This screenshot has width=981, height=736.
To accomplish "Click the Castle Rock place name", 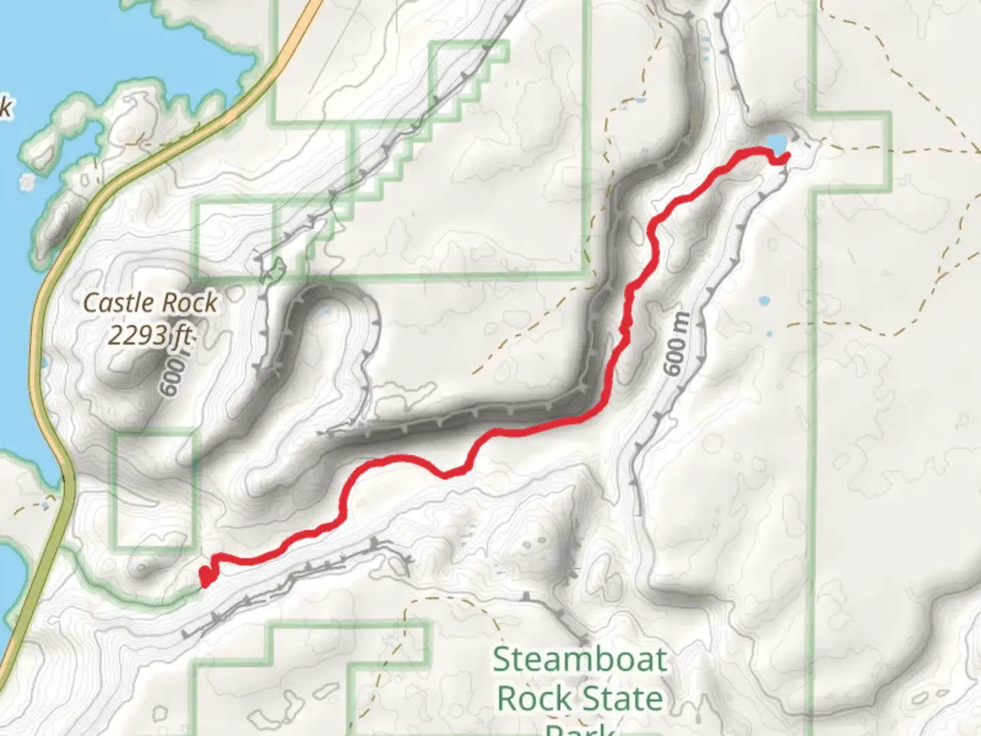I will click(150, 303).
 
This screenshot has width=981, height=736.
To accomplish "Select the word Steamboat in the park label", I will click(580, 660).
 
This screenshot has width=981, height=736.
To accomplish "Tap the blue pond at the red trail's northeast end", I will click(776, 143).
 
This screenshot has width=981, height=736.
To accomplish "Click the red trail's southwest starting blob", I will click(206, 577).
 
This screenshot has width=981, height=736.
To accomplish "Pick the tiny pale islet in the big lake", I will click(28, 182).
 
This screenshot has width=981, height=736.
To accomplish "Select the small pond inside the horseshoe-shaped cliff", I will click(326, 312).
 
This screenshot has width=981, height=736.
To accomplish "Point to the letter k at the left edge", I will click(5, 108).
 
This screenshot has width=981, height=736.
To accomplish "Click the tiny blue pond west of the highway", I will click(45, 505).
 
